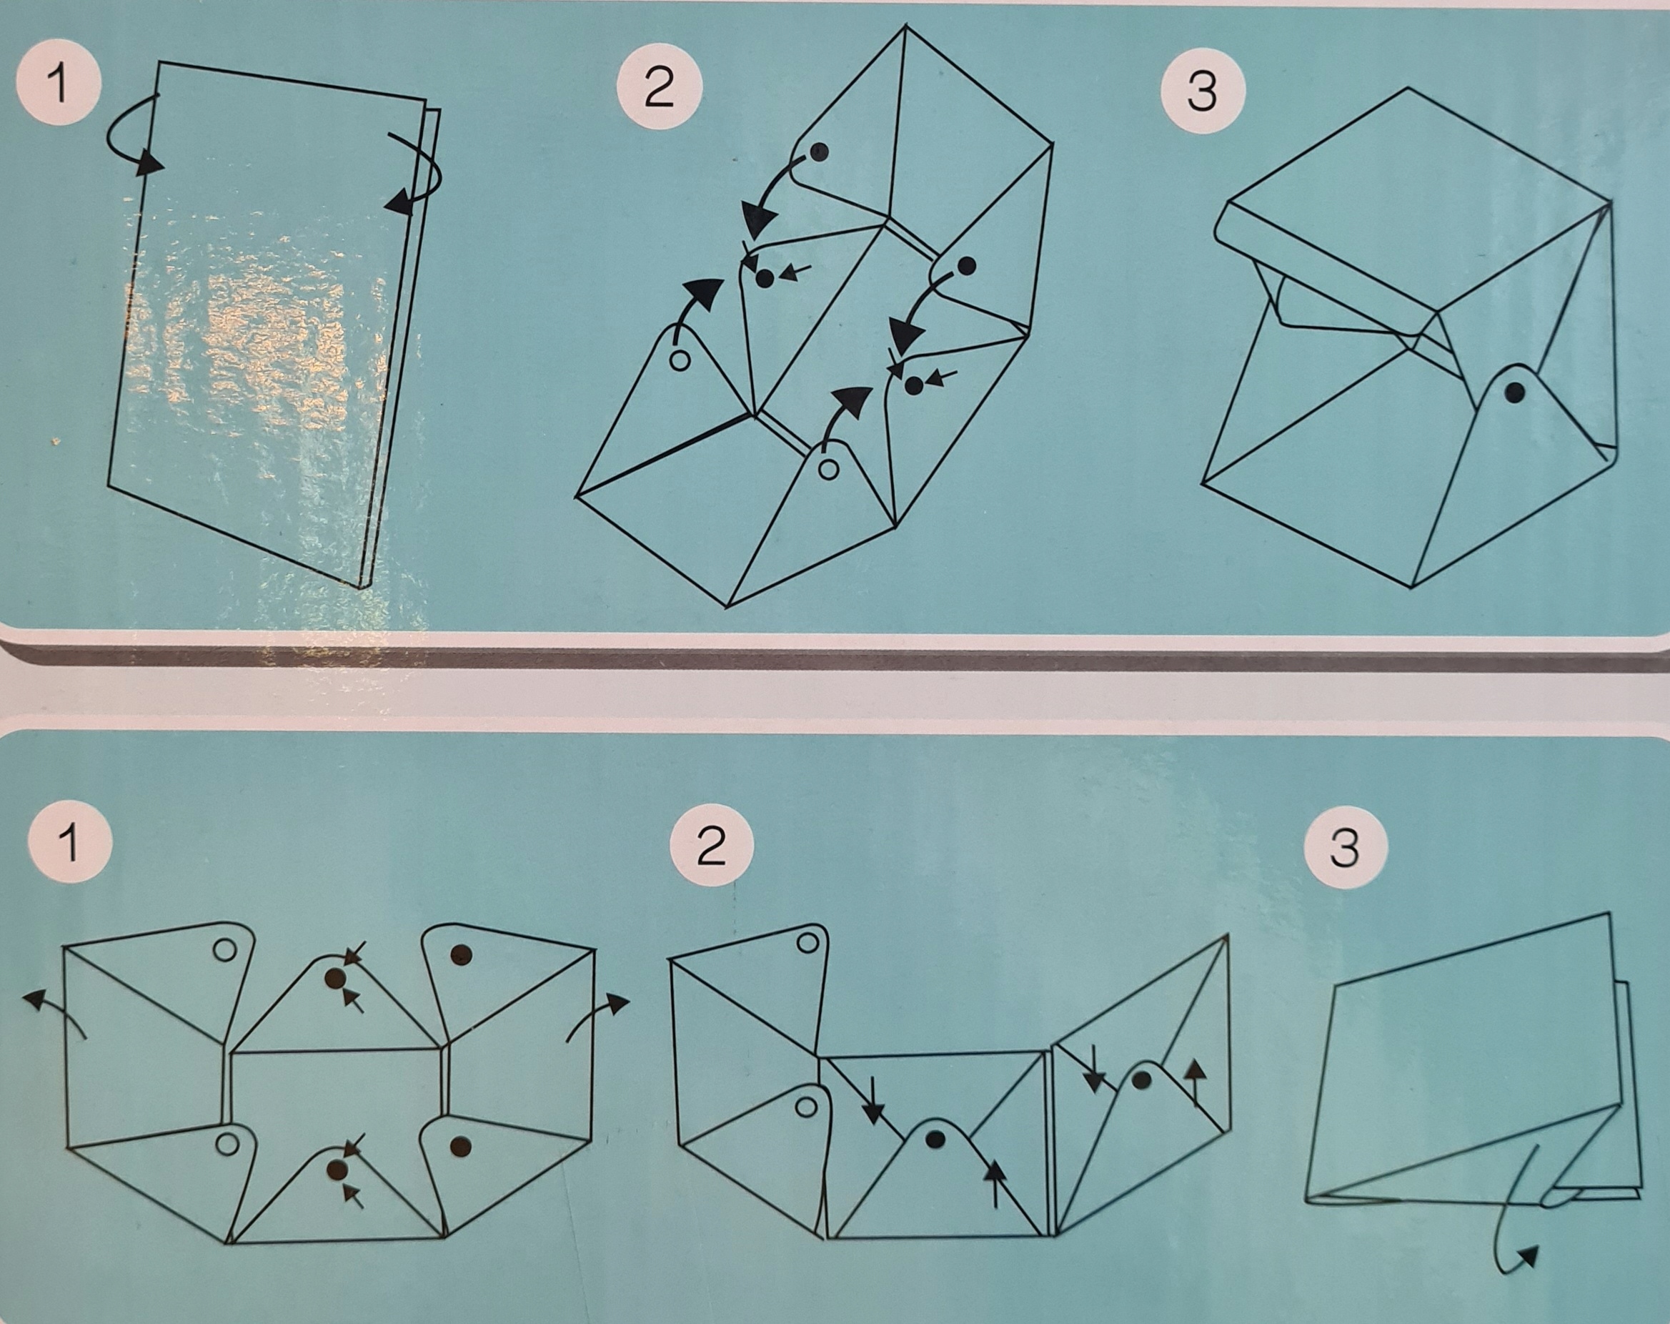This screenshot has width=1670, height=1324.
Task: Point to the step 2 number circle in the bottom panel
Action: point(711,845)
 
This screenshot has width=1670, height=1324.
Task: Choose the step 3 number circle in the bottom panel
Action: point(1344,846)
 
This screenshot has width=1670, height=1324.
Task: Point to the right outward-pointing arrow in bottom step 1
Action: point(597,1015)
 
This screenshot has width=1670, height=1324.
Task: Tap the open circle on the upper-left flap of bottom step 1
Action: point(224,950)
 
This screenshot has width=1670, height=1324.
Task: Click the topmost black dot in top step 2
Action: point(820,152)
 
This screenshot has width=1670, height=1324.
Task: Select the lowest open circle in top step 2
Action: point(828,469)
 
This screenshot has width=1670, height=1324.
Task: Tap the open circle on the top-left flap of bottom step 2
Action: point(808,943)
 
